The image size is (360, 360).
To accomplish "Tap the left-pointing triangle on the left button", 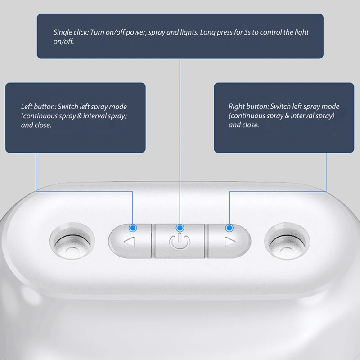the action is (130, 242).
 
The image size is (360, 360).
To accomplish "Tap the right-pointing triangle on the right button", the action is (230, 242).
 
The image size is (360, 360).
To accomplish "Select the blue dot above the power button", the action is (180, 228).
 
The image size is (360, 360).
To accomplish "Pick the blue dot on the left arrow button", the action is (133, 228).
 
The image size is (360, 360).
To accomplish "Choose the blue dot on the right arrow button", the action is (229, 228).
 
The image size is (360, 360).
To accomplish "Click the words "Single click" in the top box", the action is (71, 32).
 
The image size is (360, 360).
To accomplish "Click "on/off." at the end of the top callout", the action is (63, 41).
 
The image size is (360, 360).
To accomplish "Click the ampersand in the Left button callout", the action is (80, 116).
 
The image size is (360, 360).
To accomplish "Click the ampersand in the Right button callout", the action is (287, 116).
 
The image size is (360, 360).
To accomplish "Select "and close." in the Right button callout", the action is (243, 125).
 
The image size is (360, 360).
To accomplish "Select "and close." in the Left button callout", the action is (36, 125).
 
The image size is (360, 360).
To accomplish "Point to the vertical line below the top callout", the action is (180, 142).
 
